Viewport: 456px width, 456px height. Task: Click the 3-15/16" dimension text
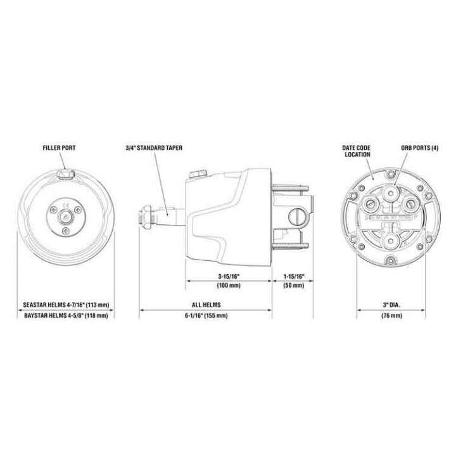(229, 277)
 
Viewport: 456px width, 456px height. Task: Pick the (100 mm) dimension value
(229, 286)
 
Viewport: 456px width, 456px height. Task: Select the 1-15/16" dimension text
(296, 277)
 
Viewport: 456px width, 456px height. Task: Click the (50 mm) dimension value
(296, 286)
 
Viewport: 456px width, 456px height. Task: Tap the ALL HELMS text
(206, 305)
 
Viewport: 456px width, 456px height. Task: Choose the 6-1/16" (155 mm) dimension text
(206, 315)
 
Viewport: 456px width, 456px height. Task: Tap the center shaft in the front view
(65, 217)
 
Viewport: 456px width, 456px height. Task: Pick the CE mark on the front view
(65, 204)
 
